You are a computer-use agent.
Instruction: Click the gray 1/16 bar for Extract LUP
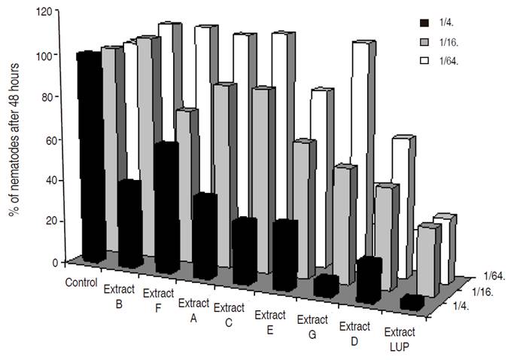point(427,260)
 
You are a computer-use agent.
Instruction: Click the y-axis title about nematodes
point(14,139)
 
